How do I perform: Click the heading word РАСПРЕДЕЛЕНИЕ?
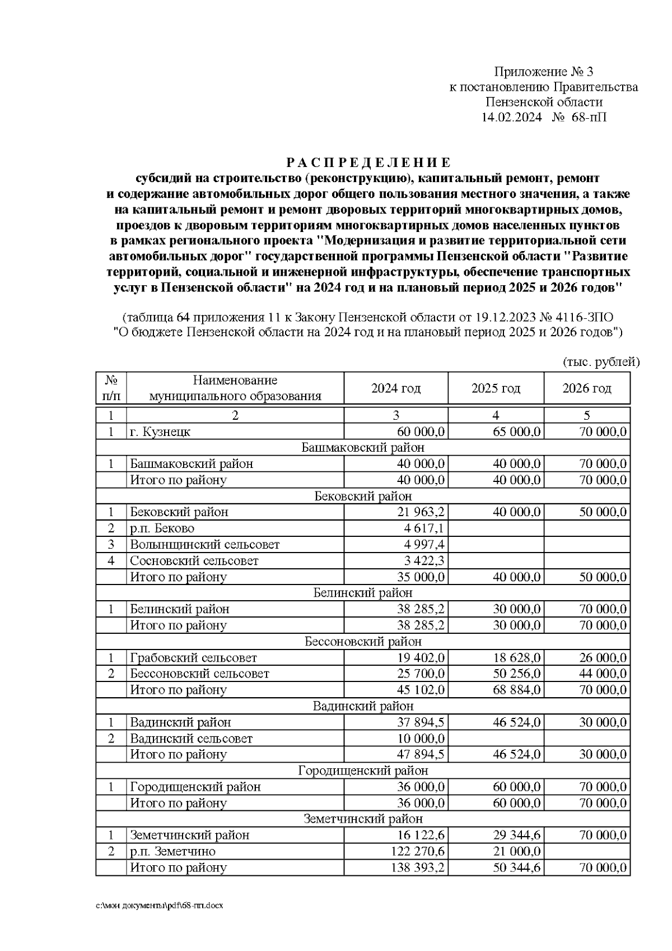pos(368,163)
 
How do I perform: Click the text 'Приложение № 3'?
pos(543,72)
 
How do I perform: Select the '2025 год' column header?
pos(496,388)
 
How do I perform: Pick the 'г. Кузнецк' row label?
pos(160,432)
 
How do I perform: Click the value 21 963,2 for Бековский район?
pos(421,512)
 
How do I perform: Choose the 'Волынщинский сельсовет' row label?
pos(204,545)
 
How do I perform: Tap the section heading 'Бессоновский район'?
pos(363,642)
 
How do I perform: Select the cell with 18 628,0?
pos(517,658)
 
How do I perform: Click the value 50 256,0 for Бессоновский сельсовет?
pos(517,674)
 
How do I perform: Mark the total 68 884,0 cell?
pos(517,690)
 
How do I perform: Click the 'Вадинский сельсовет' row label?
pos(191,739)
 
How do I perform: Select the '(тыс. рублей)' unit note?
pos(600,362)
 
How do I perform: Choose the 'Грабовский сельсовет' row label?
pos(193,658)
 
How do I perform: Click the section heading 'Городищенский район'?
pos(363,771)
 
